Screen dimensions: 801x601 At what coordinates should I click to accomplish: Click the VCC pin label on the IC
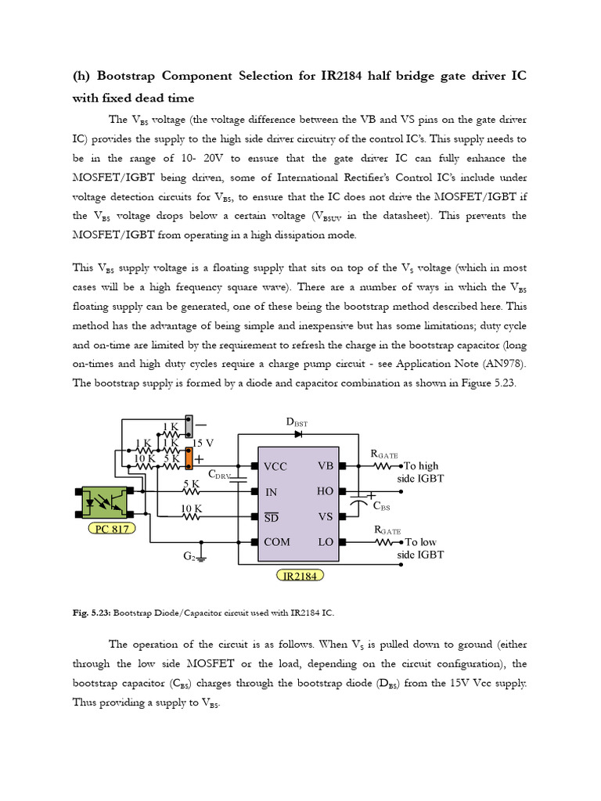click(275, 467)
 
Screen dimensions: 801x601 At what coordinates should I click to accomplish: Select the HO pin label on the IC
click(326, 491)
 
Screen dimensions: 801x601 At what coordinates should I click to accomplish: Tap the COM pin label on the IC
click(277, 542)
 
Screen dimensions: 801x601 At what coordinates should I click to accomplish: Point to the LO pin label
click(326, 542)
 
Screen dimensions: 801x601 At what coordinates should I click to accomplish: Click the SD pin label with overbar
click(271, 517)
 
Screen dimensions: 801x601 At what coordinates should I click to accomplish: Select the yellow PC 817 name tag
click(110, 529)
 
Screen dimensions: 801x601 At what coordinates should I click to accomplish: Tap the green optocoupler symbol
click(105, 503)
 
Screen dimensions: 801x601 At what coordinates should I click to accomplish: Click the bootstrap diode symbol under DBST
click(298, 433)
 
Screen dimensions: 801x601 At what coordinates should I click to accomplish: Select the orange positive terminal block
click(189, 458)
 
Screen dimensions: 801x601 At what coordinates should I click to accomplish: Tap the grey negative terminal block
click(189, 426)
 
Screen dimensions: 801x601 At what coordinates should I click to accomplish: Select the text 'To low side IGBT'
click(419, 548)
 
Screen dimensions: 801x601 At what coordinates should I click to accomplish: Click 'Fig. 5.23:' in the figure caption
click(91, 612)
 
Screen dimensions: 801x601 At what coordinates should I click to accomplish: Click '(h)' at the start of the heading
click(82, 76)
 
